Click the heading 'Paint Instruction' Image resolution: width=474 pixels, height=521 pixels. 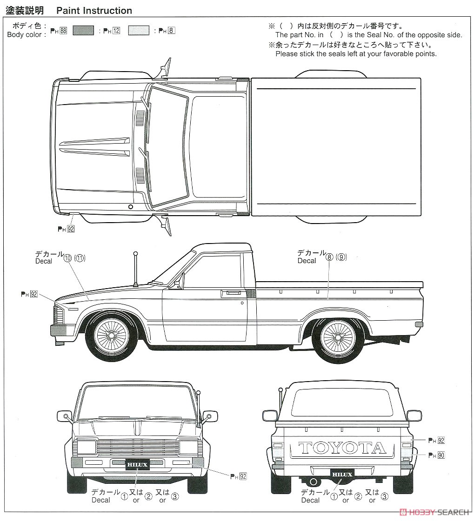94,11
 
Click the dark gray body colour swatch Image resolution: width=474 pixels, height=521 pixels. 83,31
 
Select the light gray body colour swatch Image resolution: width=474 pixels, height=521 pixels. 139,31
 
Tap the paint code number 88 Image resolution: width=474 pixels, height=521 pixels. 63,31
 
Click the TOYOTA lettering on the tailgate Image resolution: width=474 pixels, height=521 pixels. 342,448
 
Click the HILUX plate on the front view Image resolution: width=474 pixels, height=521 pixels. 137,464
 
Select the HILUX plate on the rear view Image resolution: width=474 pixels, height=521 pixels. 342,475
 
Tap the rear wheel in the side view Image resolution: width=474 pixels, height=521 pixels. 338,336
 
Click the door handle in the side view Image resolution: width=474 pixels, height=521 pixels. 231,293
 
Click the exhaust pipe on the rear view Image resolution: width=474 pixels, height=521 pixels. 314,481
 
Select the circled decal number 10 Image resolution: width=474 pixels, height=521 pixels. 67,258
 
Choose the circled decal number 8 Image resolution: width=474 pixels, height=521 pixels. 329,257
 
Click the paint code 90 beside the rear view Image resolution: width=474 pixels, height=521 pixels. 441,455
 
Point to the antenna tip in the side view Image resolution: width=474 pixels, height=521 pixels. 135,254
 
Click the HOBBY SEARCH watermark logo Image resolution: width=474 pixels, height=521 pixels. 435,512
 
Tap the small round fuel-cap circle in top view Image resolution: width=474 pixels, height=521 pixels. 130,207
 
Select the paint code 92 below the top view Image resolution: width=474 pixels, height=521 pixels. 71,229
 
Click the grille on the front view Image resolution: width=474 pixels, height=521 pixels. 137,448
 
